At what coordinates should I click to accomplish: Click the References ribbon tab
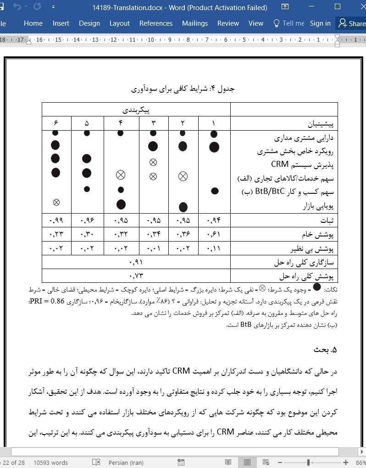(x=156, y=23)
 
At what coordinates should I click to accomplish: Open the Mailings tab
(x=195, y=23)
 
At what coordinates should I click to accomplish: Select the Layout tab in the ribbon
(x=119, y=23)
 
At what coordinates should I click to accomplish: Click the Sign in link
(x=320, y=23)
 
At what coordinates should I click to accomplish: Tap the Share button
(x=352, y=23)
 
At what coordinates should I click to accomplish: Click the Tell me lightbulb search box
(x=288, y=23)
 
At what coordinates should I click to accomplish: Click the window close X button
(x=358, y=7)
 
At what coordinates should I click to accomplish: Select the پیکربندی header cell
(x=136, y=110)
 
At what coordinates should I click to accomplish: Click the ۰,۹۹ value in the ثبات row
(x=56, y=220)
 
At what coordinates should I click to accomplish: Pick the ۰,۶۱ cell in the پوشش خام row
(x=213, y=234)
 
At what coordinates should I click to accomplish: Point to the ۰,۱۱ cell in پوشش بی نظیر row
(x=213, y=249)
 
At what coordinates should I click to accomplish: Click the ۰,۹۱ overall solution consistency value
(x=136, y=263)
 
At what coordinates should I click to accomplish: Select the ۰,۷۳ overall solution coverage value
(x=136, y=276)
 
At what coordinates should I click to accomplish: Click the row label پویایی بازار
(x=318, y=206)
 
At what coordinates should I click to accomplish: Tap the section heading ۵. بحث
(x=326, y=350)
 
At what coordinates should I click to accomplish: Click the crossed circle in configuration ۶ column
(x=56, y=202)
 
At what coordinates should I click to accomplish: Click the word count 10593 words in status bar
(x=50, y=462)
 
